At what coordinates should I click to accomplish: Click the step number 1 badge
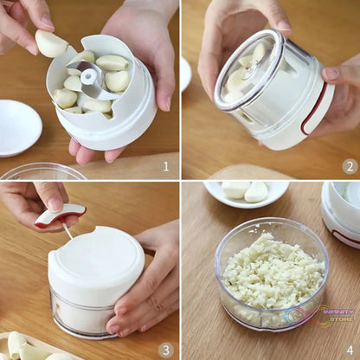click(x=166, y=164)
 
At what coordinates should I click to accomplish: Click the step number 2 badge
click(x=349, y=165)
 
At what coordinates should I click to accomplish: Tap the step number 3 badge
click(x=166, y=349)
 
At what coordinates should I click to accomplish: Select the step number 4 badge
click(x=349, y=349)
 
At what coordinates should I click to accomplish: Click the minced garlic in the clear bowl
click(x=272, y=273)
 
